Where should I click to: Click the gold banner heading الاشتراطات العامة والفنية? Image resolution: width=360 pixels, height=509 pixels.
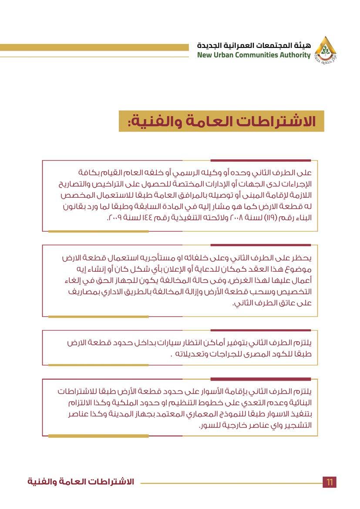222,121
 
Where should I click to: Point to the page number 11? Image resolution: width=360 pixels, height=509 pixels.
330,482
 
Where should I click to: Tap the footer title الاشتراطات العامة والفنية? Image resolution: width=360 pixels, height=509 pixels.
81,482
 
